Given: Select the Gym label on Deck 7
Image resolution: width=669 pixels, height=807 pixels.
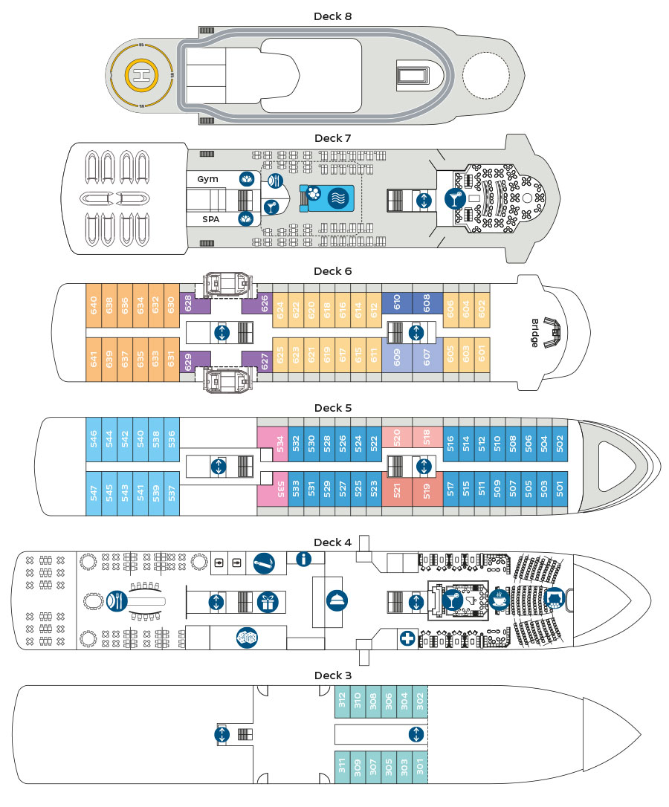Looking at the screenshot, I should click(208, 180).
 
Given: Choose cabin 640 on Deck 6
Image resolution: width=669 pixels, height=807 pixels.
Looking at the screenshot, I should click(94, 305).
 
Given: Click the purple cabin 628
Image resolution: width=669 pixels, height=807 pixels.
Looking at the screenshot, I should click(188, 304).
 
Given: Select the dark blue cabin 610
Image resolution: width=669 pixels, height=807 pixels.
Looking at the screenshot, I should click(397, 302).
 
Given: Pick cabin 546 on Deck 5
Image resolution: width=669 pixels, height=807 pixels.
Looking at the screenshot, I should click(94, 439).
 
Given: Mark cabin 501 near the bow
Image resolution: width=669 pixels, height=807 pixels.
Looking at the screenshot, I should click(560, 489).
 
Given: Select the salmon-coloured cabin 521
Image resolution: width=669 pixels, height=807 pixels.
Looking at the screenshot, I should click(397, 489).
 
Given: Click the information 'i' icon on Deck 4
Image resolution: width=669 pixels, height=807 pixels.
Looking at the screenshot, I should click(304, 559).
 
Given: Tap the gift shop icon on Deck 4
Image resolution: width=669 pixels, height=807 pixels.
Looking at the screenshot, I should click(266, 601).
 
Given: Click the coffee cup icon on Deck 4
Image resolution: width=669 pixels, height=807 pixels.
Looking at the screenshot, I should click(499, 599).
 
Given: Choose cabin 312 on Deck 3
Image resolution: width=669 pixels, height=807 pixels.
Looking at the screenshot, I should click(342, 700).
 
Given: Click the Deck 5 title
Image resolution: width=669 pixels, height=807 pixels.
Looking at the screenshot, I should click(332, 408).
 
